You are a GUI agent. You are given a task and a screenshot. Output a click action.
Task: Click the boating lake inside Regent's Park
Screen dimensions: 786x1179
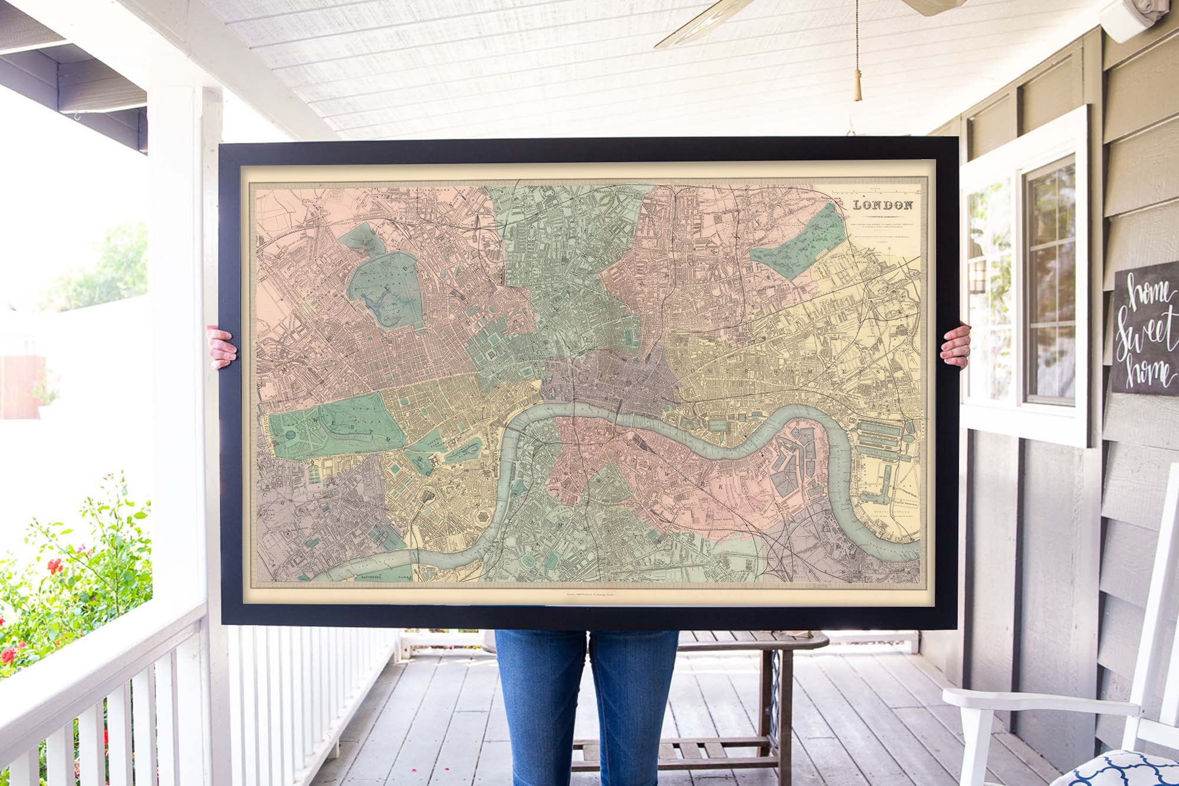[376, 301]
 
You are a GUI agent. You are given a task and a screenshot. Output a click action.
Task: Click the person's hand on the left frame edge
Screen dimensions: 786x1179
[222, 348]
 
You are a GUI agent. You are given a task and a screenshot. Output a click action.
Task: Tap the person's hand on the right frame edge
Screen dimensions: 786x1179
[955, 345]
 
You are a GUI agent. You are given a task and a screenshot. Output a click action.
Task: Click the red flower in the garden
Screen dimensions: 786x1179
[54, 567]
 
